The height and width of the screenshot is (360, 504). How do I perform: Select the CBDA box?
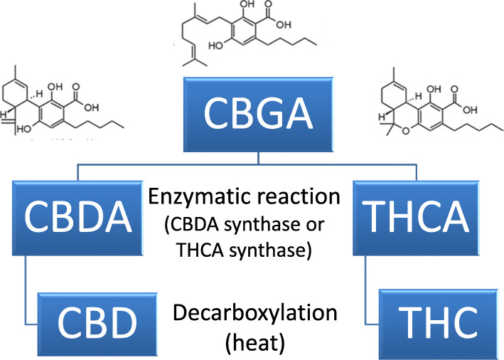tap(72, 213)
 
